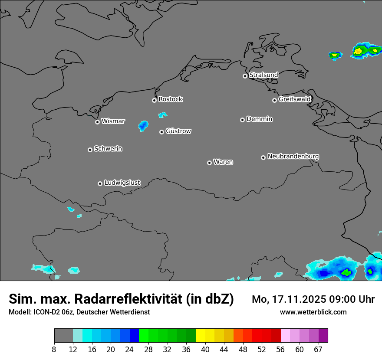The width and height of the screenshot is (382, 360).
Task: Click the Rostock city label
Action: (170, 99)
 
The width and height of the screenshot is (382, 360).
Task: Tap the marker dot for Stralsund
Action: (245, 76)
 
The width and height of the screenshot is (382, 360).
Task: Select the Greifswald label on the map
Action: (294, 99)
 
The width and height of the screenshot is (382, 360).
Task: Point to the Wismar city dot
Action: (97, 122)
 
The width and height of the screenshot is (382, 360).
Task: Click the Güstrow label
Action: (178, 131)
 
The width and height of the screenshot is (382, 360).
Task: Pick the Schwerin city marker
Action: (90, 150)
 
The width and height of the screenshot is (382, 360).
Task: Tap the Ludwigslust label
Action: (122, 183)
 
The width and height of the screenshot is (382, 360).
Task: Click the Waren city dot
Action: (209, 163)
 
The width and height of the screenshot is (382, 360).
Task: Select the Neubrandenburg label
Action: (293, 157)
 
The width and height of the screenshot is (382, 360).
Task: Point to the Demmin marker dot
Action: (242, 120)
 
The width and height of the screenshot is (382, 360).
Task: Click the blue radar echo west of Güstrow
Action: (143, 126)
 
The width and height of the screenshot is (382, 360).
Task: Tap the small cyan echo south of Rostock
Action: (162, 115)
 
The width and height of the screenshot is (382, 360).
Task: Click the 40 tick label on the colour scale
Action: (205, 350)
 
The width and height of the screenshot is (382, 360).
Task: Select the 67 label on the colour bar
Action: (318, 350)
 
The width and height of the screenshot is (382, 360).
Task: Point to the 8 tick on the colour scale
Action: (54, 350)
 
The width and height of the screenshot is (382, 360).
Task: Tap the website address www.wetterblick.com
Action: (313, 312)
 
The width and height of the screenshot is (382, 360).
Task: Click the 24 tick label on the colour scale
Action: (130, 350)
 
